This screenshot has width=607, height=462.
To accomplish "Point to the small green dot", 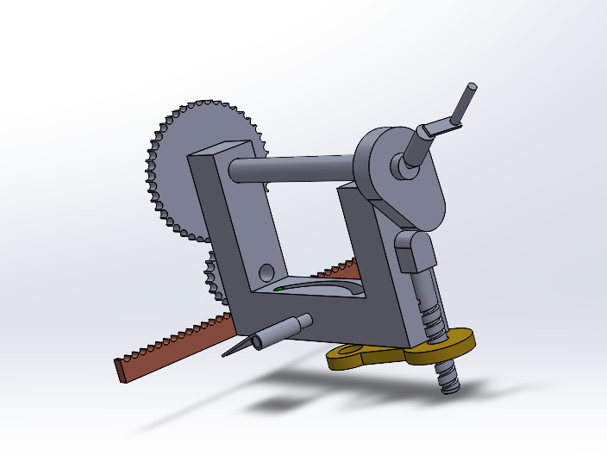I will [280, 288].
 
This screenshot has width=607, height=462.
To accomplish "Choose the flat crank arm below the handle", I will [440, 128].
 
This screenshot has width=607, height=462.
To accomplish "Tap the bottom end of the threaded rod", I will [449, 384].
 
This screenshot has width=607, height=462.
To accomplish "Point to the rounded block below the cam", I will [416, 250].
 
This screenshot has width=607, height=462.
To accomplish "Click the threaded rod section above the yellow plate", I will [431, 310].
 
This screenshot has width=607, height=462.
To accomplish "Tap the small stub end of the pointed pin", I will [304, 322].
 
